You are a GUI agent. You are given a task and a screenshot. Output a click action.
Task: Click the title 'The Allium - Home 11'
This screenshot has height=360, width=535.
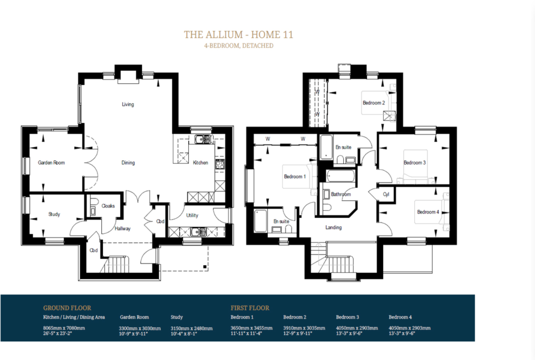[x=238, y=35]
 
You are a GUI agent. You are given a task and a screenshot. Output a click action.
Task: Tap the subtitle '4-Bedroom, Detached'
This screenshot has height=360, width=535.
[x=238, y=46]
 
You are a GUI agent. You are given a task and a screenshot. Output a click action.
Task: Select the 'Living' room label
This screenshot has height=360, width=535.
[x=128, y=104]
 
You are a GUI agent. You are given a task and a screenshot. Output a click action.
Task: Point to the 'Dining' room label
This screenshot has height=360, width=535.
[x=128, y=163]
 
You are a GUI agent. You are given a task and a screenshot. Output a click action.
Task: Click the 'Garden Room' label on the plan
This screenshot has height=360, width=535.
[x=51, y=163]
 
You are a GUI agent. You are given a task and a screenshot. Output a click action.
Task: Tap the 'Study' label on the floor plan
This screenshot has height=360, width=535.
[x=54, y=215]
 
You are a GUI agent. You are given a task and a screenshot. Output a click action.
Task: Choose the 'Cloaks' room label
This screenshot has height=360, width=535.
[x=109, y=206]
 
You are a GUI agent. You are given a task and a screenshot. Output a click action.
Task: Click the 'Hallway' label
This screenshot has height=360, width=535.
[x=123, y=229]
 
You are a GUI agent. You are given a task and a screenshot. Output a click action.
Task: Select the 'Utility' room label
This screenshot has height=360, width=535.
[x=192, y=215]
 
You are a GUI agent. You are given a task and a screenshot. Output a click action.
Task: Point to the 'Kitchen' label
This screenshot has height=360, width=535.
[x=200, y=163]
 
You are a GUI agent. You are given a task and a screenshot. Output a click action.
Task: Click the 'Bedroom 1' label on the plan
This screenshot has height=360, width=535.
[x=295, y=177]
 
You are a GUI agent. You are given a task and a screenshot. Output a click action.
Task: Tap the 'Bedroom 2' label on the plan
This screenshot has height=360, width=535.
[x=373, y=103]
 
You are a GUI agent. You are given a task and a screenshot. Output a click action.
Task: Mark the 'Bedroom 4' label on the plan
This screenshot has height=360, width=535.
[x=427, y=212]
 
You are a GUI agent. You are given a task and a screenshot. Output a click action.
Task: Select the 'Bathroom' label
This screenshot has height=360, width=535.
[x=341, y=194]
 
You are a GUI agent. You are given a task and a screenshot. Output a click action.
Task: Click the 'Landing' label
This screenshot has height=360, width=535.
[x=333, y=228]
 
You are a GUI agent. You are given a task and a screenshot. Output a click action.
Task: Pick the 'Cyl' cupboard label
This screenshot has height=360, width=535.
[x=386, y=194]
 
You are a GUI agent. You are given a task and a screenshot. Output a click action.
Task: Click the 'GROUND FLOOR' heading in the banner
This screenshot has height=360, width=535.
[x=67, y=308]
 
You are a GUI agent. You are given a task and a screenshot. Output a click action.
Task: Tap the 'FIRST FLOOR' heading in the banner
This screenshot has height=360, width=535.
[x=250, y=308]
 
